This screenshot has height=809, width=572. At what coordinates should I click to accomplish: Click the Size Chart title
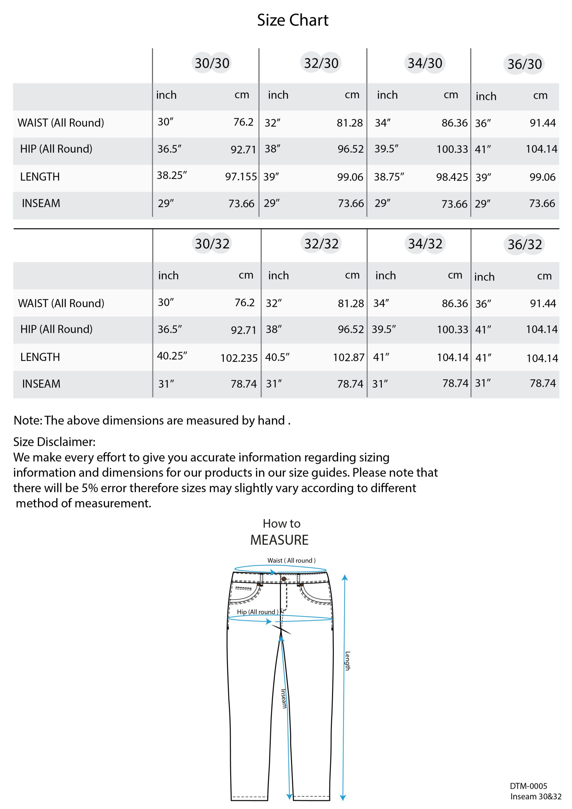click(293, 20)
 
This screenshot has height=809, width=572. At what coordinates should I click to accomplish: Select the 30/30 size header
click(212, 64)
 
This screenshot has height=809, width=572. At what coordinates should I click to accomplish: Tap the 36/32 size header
click(525, 244)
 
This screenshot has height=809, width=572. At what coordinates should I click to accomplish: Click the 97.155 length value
click(241, 177)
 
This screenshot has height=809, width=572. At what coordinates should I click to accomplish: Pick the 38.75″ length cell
click(389, 177)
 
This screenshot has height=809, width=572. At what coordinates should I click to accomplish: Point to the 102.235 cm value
click(239, 358)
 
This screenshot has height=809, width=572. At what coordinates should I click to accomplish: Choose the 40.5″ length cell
click(277, 357)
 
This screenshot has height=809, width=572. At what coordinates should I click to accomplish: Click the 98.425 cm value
click(452, 177)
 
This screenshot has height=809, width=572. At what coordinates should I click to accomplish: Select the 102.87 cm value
click(349, 358)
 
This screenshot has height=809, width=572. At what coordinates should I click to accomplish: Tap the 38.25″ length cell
click(172, 175)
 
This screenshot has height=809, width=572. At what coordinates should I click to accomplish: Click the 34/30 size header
click(425, 64)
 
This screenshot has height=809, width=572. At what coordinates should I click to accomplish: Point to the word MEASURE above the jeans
click(279, 540)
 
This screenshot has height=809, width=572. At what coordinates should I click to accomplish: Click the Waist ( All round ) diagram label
click(291, 561)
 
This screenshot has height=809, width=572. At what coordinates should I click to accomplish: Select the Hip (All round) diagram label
click(257, 612)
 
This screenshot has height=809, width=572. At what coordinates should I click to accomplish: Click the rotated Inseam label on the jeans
click(284, 698)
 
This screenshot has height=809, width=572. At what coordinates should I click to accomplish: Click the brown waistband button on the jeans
click(284, 579)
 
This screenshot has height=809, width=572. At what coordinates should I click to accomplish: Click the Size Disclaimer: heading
click(54, 442)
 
